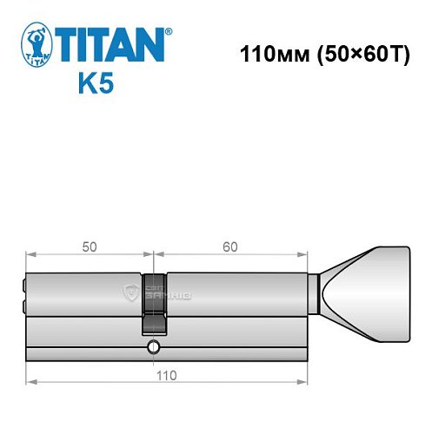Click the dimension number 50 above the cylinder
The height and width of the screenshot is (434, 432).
coord(90,246)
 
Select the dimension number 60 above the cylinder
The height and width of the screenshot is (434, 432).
coord(229,246)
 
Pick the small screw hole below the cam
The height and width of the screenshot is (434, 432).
coord(153,348)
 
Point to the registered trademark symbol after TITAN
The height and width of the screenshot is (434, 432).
coord(168,30)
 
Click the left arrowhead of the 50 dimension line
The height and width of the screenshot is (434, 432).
coord(30,255)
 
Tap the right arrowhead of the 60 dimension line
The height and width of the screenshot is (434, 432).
coord(304,255)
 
